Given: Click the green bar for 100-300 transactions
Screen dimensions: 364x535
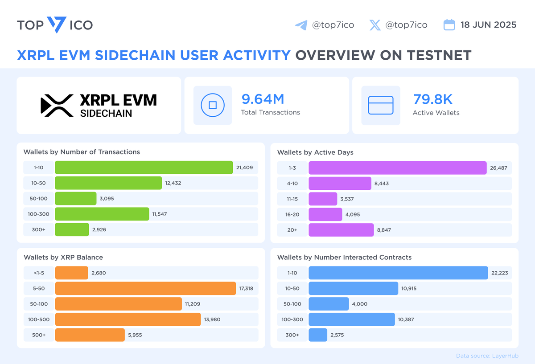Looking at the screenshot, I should (x=102, y=214).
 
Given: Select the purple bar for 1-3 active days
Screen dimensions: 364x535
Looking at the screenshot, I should (x=397, y=168).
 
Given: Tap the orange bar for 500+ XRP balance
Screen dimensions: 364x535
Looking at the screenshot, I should (x=90, y=335).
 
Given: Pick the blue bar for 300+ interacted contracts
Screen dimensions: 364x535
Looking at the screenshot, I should (x=318, y=335).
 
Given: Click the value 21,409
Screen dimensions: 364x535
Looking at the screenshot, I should (x=244, y=168).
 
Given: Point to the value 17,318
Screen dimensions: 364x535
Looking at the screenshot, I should (x=246, y=288).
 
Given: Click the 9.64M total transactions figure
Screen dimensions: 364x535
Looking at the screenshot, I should (x=263, y=99).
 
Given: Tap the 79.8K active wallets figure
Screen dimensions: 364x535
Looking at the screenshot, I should (x=432, y=99).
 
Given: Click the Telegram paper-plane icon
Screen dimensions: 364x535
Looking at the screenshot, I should (x=301, y=25).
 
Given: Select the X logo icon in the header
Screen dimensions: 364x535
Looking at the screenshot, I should (x=375, y=25).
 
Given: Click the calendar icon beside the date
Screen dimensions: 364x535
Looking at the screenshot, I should (x=449, y=25).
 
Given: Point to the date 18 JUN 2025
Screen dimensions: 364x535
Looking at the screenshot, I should (x=488, y=25).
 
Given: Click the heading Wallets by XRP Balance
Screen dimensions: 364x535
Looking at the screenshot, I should (x=63, y=257).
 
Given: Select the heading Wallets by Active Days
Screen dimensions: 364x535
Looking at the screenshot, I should (x=315, y=152).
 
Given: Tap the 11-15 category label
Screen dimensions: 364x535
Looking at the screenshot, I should (x=292, y=199).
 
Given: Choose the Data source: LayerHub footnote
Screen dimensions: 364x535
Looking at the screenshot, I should (x=487, y=356).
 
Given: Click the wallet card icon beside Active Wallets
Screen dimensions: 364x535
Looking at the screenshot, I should (x=380, y=106).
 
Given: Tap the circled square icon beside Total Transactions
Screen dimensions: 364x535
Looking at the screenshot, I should (x=213, y=106).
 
